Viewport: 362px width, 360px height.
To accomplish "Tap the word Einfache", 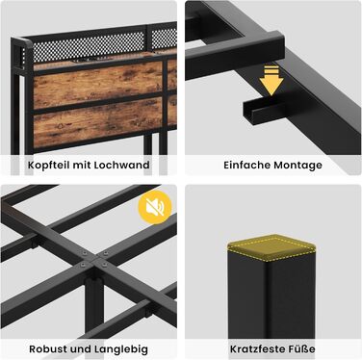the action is pyautogui.click(x=247, y=165).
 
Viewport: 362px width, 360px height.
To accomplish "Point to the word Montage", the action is pyautogui.click(x=297, y=166).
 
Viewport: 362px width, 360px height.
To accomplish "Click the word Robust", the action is pyautogui.click(x=48, y=348).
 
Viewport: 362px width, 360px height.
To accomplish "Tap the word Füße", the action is pyautogui.click(x=302, y=348).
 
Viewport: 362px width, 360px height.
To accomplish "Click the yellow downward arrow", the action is pyautogui.click(x=271, y=80).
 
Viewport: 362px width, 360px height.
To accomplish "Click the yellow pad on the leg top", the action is pyautogui.click(x=271, y=246).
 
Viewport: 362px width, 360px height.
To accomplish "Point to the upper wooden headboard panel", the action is pyautogui.click(x=97, y=85).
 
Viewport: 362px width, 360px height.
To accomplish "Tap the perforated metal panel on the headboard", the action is pyautogui.click(x=90, y=46).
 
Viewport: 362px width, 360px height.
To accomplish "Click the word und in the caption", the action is pyautogui.click(x=81, y=348).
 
